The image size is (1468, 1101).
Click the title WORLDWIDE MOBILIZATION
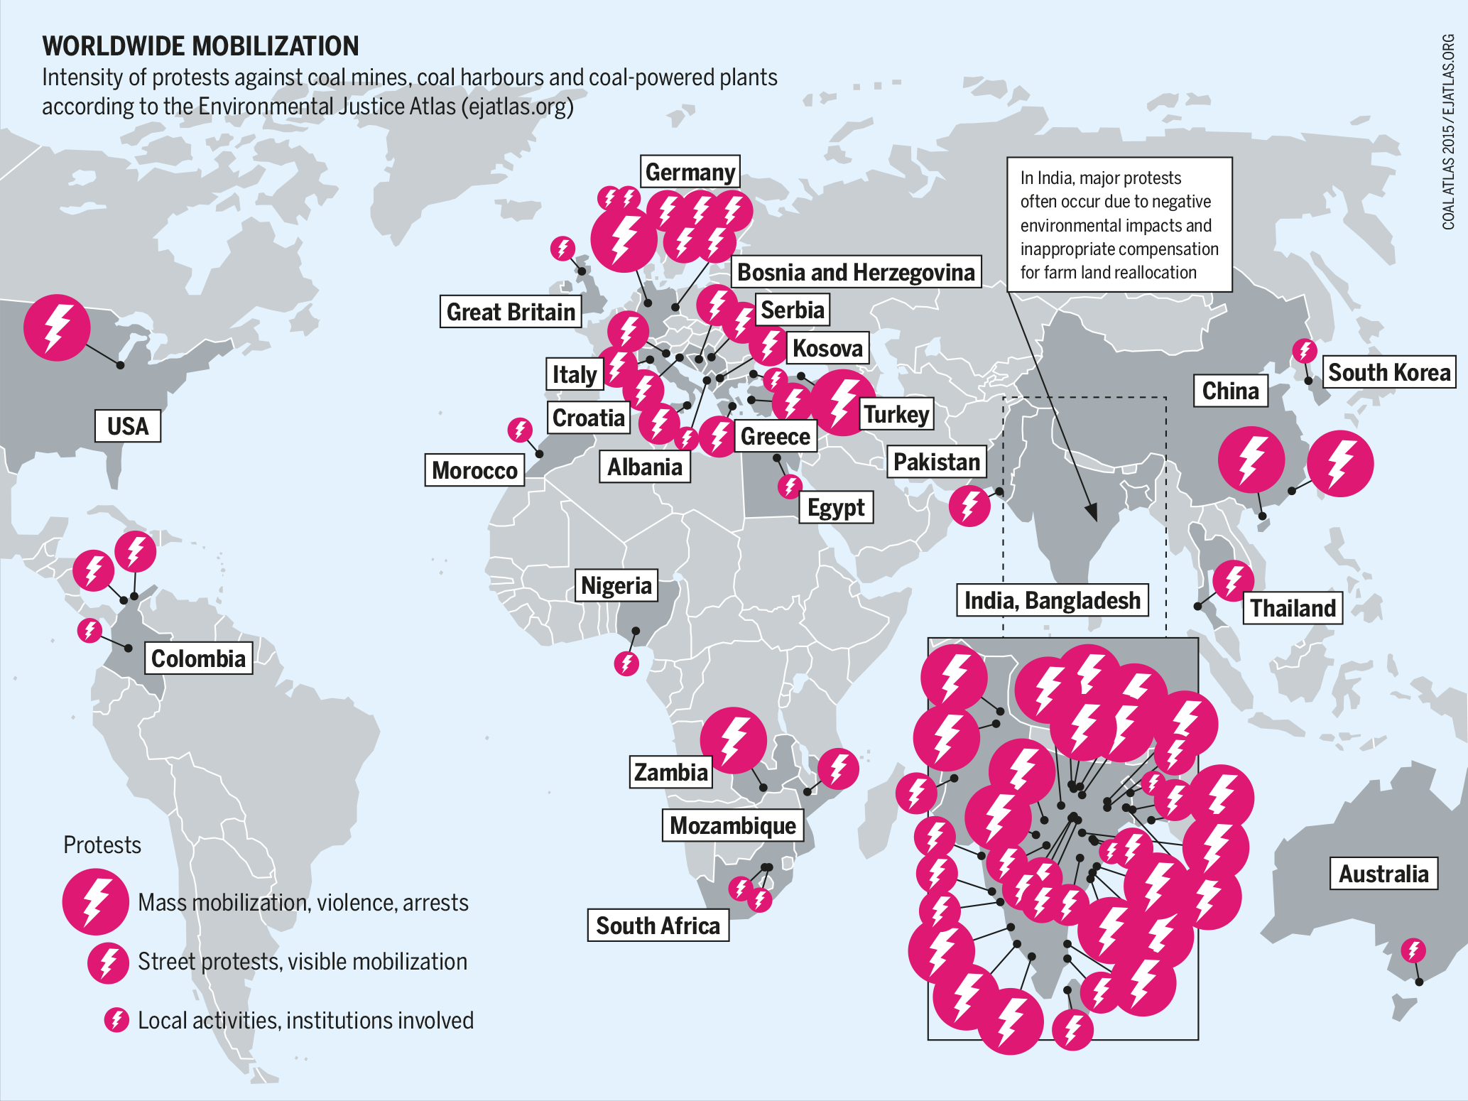tap(200, 46)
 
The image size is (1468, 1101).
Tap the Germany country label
tap(690, 172)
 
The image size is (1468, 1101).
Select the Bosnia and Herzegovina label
tap(855, 272)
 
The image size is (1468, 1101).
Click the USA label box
tap(128, 426)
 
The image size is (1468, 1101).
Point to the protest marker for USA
tap(57, 327)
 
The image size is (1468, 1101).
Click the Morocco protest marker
tap(520, 430)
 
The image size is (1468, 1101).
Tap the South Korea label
tap(1388, 372)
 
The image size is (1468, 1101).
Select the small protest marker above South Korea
tap(1304, 350)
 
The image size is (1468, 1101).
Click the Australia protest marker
tap(1413, 950)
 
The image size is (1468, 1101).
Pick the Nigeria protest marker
tap(626, 663)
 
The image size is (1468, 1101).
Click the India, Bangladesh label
tap(1052, 601)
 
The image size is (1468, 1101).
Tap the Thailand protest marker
tap(1233, 580)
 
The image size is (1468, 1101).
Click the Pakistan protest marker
tap(969, 506)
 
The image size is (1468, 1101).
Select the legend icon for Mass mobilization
tap(95, 901)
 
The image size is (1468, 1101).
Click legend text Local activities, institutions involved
tap(305, 1020)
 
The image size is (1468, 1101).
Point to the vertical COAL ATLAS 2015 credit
tap(1448, 132)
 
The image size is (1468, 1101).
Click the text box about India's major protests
tap(1119, 224)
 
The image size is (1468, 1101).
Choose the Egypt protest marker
tap(790, 487)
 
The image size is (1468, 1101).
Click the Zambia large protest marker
tap(733, 740)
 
